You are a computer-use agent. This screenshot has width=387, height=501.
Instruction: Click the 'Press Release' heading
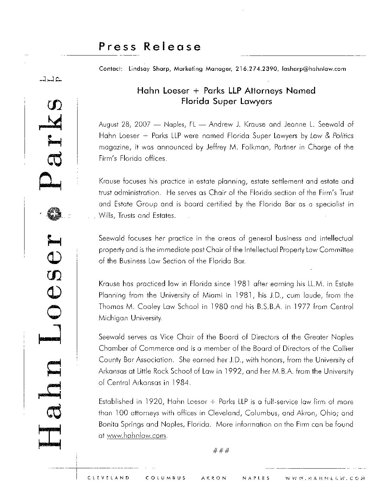(x=150, y=47)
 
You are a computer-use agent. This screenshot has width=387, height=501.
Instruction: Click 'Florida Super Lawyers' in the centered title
(x=227, y=101)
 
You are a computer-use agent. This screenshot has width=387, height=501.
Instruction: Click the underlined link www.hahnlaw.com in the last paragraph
(x=137, y=436)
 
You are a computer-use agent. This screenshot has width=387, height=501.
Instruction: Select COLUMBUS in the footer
(x=166, y=478)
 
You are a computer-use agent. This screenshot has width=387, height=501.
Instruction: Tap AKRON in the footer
(x=214, y=478)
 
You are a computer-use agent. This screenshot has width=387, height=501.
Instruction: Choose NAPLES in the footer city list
(x=256, y=478)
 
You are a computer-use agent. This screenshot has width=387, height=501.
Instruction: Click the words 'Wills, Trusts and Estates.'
(x=137, y=216)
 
